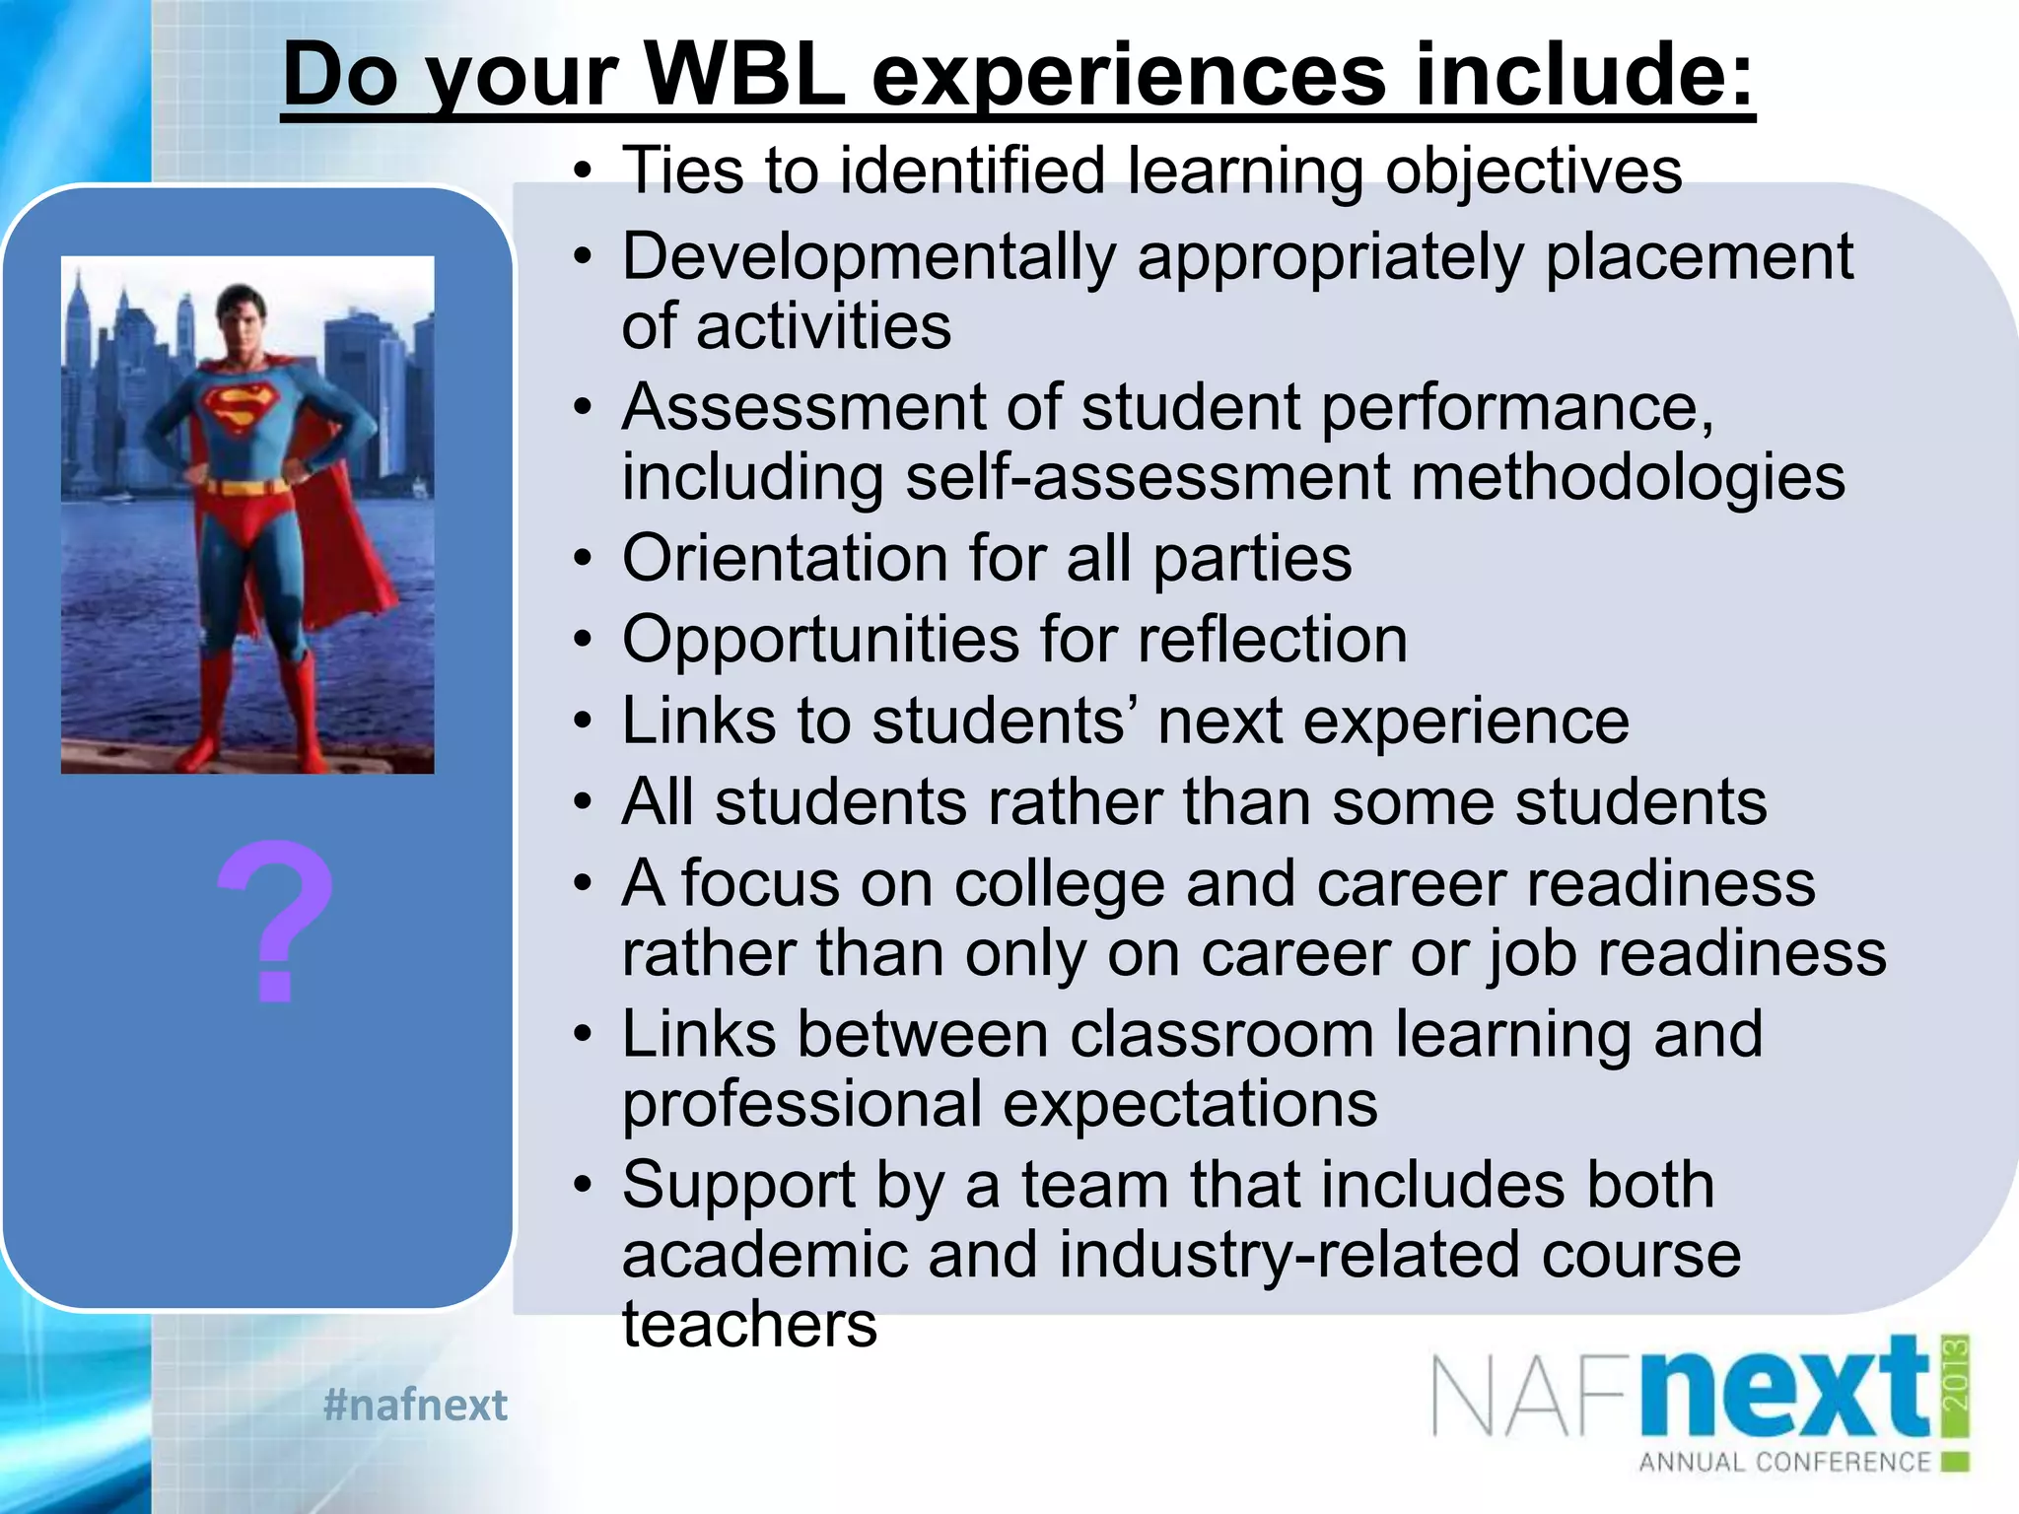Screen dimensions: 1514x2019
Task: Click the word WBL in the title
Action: coord(744,75)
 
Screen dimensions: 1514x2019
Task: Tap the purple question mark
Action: coord(275,922)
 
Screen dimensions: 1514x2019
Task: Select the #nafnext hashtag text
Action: coord(415,1404)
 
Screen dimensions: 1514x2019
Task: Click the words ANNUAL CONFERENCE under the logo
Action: coord(1784,1462)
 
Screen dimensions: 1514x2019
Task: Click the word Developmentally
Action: coord(869,257)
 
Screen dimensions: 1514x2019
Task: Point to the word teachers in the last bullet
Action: coord(749,1324)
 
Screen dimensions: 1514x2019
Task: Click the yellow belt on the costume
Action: coord(246,487)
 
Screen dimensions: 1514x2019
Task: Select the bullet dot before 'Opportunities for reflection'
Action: coord(584,641)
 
